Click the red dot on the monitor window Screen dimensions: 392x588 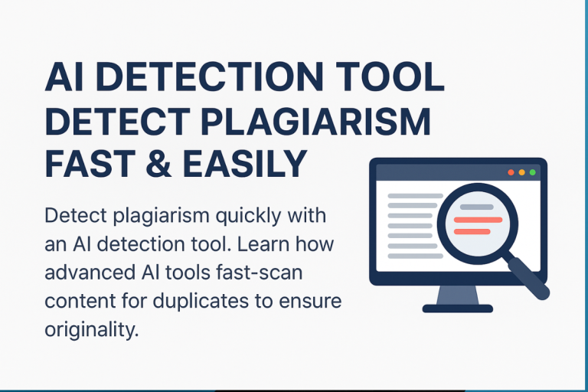[x=511, y=173]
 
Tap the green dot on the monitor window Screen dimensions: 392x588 [x=532, y=173]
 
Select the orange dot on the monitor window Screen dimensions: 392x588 [x=521, y=173]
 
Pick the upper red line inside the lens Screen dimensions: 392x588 [x=478, y=220]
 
